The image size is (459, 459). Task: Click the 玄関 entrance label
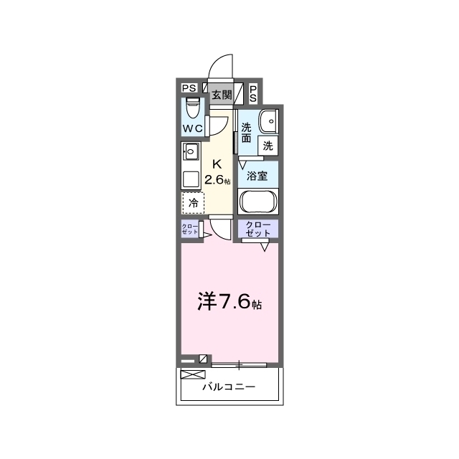tap(222, 95)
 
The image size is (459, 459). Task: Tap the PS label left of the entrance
tap(189, 87)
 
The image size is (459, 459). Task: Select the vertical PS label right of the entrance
tap(253, 94)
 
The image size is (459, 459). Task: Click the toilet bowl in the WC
tap(193, 108)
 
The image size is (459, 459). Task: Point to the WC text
tap(192, 128)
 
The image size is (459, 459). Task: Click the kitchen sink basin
tap(191, 151)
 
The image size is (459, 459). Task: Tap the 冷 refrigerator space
tap(193, 203)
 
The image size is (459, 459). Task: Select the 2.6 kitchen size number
tap(214, 180)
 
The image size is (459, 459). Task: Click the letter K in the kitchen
tap(217, 164)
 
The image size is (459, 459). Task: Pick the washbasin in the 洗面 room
tap(268, 121)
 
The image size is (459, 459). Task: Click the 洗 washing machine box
tap(268, 146)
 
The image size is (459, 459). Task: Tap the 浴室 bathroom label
tap(257, 176)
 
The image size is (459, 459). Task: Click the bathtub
tap(258, 201)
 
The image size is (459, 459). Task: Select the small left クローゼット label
tap(189, 229)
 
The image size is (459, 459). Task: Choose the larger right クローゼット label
tap(258, 229)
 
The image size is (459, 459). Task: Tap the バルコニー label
tap(229, 387)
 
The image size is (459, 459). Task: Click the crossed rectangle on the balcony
tap(193, 374)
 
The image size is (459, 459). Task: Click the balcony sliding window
tap(239, 365)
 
